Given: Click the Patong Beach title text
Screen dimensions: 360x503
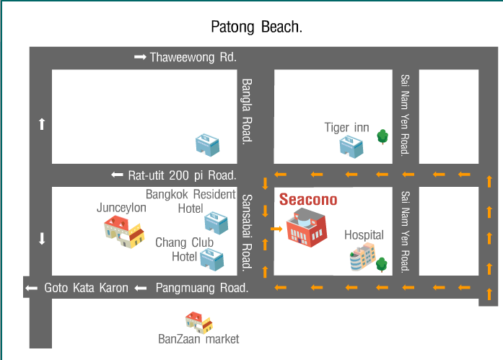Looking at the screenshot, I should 256,27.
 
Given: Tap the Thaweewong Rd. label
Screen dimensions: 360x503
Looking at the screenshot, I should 193,58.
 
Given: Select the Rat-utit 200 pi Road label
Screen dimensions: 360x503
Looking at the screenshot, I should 182,175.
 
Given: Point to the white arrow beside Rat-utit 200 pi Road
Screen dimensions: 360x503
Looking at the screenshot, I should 117,175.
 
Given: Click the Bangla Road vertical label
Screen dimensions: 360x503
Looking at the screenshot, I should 247,111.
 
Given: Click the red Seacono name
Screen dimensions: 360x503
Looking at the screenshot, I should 308,200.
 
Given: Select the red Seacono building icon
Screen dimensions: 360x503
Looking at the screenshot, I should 306,226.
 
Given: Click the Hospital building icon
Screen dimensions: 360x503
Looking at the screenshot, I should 362,258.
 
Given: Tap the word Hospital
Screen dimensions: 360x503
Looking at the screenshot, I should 364,235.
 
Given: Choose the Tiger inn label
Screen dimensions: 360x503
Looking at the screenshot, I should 346,128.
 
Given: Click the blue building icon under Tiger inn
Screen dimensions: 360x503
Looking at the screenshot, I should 352,146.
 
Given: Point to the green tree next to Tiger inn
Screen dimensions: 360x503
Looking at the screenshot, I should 382,136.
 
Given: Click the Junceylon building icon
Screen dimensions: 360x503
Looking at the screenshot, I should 124,233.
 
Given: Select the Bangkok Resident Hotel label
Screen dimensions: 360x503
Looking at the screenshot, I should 191,201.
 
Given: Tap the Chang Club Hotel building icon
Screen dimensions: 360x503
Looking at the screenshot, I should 212,259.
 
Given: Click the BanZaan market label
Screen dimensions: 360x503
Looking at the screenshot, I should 198,338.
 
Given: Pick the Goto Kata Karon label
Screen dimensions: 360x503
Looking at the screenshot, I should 86,288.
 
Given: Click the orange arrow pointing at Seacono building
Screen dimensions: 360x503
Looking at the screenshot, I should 276,229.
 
